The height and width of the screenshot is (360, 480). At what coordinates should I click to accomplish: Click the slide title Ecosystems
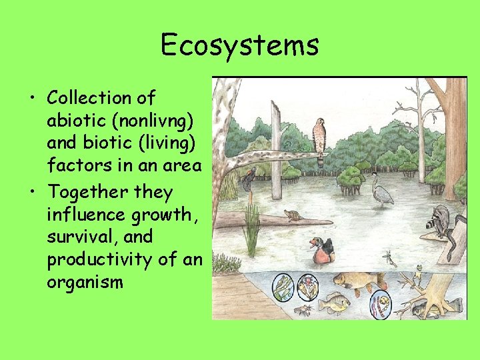pos(240,45)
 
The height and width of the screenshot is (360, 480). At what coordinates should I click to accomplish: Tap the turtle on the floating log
pos(291,215)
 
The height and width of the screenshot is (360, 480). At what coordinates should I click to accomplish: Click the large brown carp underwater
pos(358,281)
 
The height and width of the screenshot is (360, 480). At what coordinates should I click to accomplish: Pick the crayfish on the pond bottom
pos(303,310)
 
